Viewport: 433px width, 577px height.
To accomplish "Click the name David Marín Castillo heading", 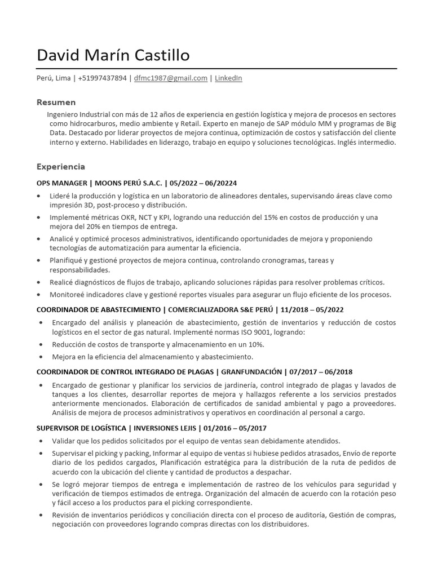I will [113, 55].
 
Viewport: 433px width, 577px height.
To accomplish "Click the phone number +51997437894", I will [102, 78].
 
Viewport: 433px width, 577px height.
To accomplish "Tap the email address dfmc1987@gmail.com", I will [171, 78].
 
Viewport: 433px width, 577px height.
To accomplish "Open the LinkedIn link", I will [228, 78].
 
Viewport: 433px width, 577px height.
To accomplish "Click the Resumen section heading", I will [56, 102].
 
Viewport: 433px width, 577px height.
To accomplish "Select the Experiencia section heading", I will [61, 167].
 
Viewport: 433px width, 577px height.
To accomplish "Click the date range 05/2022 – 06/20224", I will [204, 183].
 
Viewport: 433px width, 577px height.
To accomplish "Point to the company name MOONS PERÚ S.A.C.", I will [129, 183].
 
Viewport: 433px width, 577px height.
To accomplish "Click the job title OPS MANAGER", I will [61, 183].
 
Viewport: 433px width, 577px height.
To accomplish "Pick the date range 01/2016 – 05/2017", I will [240, 428].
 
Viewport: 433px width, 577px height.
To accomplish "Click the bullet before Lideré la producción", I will [38, 196].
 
